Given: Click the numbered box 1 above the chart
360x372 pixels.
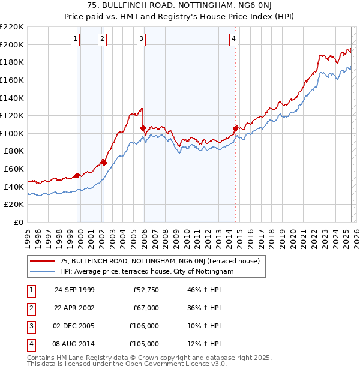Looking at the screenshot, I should click(76, 39).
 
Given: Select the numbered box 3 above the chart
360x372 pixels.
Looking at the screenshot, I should click(141, 39).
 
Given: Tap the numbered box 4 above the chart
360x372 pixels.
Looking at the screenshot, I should click(233, 39).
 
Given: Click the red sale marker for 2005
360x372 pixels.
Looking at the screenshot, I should click(143, 128).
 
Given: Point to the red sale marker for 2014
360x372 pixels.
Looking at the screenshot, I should click(235, 128).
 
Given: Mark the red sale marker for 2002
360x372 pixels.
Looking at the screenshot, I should click(104, 162).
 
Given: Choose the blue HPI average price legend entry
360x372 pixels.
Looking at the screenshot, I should click(146, 272).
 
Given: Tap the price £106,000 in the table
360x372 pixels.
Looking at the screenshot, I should click(145, 326).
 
